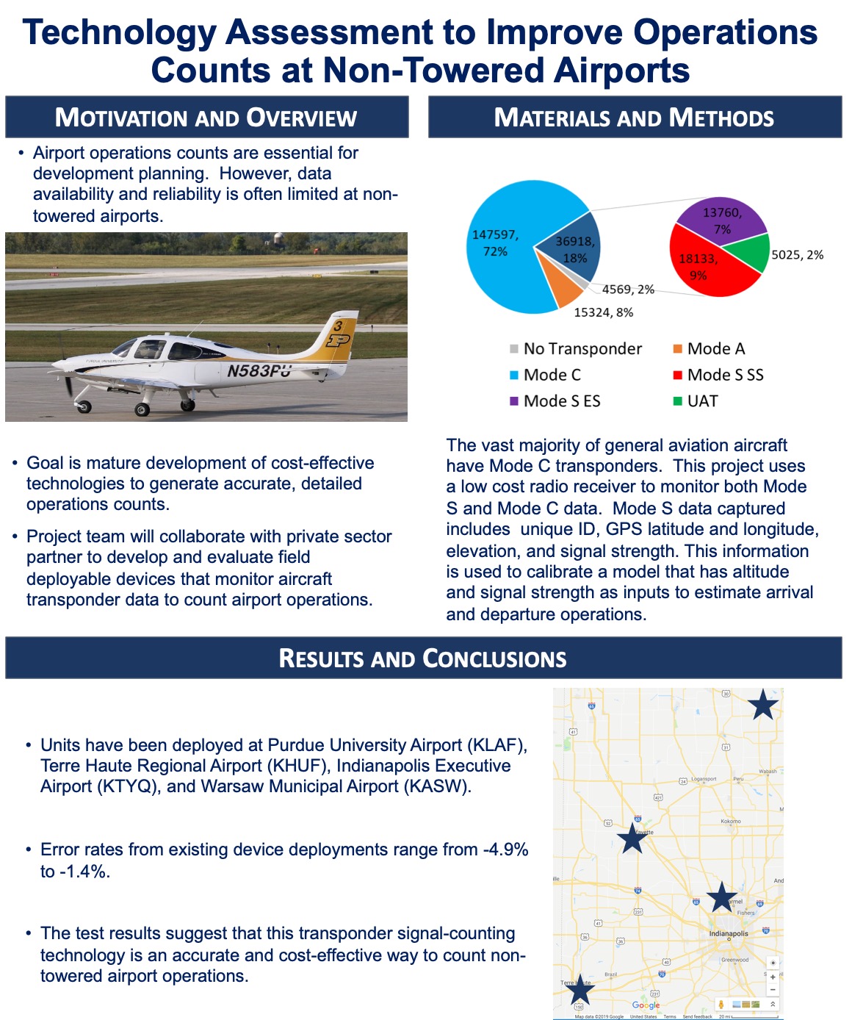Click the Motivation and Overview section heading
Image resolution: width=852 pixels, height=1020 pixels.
coord(206,118)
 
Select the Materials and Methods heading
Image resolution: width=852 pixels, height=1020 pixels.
coord(634,118)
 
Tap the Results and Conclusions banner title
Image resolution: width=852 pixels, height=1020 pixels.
coord(422,658)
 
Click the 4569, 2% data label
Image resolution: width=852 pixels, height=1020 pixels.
coord(628,290)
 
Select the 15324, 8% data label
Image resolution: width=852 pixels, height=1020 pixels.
coord(603,312)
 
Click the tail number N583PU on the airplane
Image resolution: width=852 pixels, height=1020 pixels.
coord(259,370)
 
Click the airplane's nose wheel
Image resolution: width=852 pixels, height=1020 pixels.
coord(84,406)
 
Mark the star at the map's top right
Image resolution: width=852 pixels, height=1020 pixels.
coord(763,705)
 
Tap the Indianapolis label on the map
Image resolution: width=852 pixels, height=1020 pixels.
coord(728,933)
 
